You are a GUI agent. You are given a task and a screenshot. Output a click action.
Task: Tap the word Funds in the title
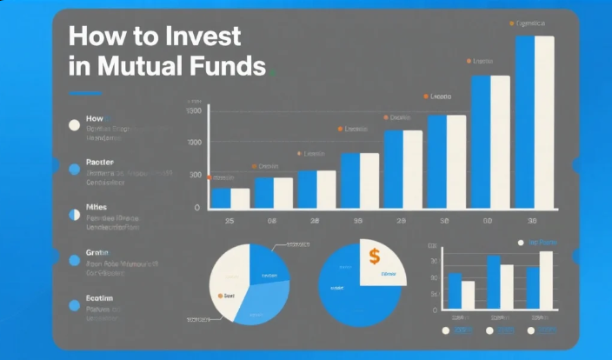[224, 65]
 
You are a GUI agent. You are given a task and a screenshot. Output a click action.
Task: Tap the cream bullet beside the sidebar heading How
[74, 124]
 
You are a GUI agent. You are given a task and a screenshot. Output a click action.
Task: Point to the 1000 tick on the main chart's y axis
[194, 142]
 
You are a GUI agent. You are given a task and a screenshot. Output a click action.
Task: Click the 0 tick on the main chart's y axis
[197, 208]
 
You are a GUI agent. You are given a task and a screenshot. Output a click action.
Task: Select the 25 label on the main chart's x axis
[229, 222]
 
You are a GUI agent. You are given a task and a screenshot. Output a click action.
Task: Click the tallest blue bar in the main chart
[525, 122]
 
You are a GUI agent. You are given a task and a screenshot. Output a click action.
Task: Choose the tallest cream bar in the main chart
[544, 122]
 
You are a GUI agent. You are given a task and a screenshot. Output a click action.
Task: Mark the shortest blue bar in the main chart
[221, 198]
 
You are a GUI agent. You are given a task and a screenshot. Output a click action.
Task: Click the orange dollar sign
[374, 257]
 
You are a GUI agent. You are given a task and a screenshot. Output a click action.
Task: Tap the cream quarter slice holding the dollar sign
[382, 263]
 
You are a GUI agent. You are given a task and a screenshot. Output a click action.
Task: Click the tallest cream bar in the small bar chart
[546, 280]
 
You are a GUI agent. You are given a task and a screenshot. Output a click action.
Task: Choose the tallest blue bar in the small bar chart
[493, 283]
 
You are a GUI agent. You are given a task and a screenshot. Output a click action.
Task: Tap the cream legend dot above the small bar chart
[521, 243]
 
